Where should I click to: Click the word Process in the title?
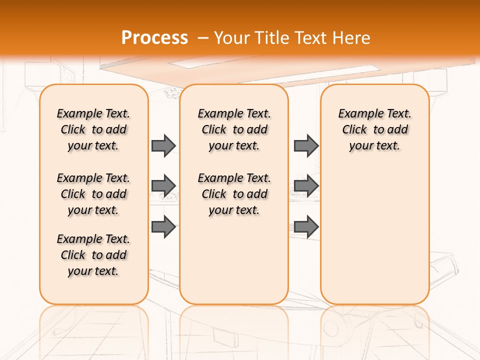pyautogui.click(x=154, y=37)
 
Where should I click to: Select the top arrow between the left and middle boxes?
pyautogui.click(x=163, y=145)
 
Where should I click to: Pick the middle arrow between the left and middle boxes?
pyautogui.click(x=163, y=185)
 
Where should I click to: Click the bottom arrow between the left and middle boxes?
pyautogui.click(x=163, y=227)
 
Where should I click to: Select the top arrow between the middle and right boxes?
pyautogui.click(x=306, y=145)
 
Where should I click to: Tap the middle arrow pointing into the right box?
pyautogui.click(x=306, y=185)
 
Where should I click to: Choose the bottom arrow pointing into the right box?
pyautogui.click(x=306, y=227)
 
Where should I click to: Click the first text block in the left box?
pyautogui.click(x=93, y=129)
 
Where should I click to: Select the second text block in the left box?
pyautogui.click(x=93, y=194)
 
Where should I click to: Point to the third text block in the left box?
pyautogui.click(x=93, y=255)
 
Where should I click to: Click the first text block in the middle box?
pyautogui.click(x=234, y=129)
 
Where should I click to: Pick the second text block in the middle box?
pyautogui.click(x=234, y=194)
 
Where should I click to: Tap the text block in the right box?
pyautogui.click(x=375, y=129)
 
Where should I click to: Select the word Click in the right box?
pyautogui.click(x=354, y=130)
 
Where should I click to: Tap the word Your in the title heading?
pyautogui.click(x=232, y=37)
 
